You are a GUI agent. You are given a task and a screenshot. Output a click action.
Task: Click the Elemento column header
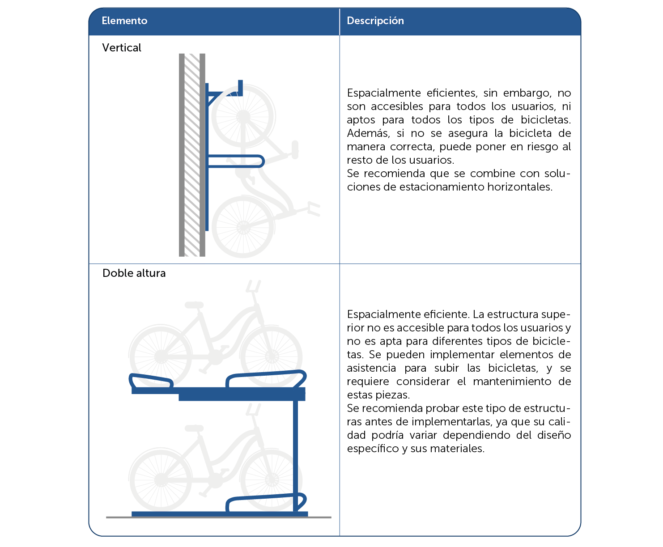tap(124, 21)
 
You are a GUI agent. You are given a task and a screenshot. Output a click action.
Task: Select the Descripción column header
tap(375, 21)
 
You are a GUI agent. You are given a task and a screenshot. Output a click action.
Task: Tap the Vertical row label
tap(122, 47)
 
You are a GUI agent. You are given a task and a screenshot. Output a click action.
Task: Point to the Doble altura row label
tap(134, 273)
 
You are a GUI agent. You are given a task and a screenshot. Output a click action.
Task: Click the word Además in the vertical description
tap(368, 133)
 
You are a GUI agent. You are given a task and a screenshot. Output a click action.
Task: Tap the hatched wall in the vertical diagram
tap(192, 155)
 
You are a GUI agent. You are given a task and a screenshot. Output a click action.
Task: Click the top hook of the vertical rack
tap(240, 88)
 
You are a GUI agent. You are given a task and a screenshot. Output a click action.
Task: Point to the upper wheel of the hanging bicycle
tap(243, 116)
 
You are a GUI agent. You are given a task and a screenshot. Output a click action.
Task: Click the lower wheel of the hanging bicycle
tap(243, 227)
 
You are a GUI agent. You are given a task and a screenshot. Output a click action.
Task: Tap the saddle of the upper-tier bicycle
tap(194, 305)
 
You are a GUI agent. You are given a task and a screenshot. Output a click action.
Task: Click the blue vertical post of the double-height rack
tap(295, 456)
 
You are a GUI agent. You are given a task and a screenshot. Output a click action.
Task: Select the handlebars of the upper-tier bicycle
tap(253, 286)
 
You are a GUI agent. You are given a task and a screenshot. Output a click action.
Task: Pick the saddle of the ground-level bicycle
tap(194, 428)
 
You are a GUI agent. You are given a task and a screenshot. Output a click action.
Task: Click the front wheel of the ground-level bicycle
tap(272, 480)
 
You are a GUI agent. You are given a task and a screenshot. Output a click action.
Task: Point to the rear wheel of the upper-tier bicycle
tap(161, 356)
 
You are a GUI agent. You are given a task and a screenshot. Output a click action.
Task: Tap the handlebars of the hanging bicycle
tap(314, 209)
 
